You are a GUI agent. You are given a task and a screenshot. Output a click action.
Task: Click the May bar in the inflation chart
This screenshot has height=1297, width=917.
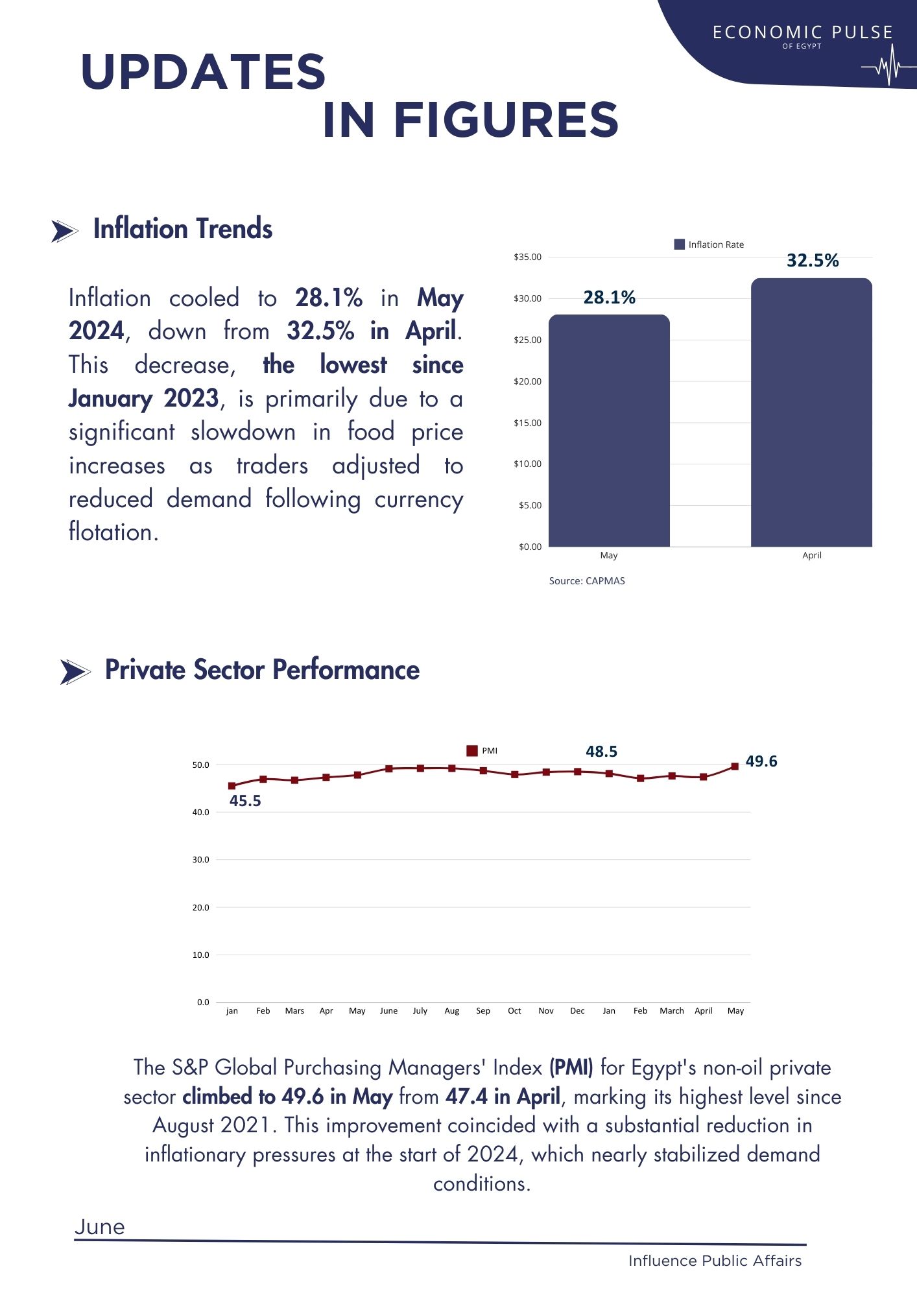coord(609,431)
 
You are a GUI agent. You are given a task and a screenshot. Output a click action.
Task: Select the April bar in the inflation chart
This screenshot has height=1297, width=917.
coord(811,412)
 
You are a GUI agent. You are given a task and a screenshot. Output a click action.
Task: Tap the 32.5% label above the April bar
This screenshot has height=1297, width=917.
coord(813,261)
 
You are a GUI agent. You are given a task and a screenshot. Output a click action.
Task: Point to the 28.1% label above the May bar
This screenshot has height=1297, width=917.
coord(610,298)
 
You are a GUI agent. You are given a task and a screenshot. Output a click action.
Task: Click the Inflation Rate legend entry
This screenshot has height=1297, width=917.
coord(709,244)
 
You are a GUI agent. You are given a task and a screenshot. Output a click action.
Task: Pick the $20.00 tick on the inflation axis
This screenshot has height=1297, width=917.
coord(527,381)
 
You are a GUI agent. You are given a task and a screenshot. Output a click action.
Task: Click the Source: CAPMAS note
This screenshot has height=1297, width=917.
coord(587,581)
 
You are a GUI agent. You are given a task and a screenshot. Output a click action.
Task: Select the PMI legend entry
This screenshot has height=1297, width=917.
coord(482,751)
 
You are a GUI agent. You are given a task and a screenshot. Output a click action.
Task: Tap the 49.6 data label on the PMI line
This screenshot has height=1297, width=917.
coord(761,761)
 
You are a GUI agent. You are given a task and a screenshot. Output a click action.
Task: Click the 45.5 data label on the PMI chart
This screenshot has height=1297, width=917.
coord(245,801)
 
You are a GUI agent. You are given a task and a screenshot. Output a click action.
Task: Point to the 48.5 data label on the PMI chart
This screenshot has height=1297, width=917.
coord(601,752)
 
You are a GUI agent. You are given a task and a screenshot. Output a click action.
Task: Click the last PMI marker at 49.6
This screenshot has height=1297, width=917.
coord(735,767)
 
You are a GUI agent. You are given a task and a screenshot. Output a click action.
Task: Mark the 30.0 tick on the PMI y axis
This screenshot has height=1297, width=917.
coord(201,860)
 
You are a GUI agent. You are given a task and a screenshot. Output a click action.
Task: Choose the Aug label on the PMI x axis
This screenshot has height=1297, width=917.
coord(452,1011)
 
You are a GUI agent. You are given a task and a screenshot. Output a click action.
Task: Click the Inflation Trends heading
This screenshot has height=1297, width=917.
coord(183,229)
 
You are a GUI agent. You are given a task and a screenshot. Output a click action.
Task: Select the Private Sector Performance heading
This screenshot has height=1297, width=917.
coord(262,670)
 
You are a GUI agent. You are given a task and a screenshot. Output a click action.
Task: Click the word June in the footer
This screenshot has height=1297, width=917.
coord(100,1227)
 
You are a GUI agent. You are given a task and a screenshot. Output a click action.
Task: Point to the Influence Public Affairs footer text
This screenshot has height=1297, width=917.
coord(715,1261)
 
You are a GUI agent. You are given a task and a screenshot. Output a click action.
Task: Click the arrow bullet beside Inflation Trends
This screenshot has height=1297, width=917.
coord(64,231)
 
